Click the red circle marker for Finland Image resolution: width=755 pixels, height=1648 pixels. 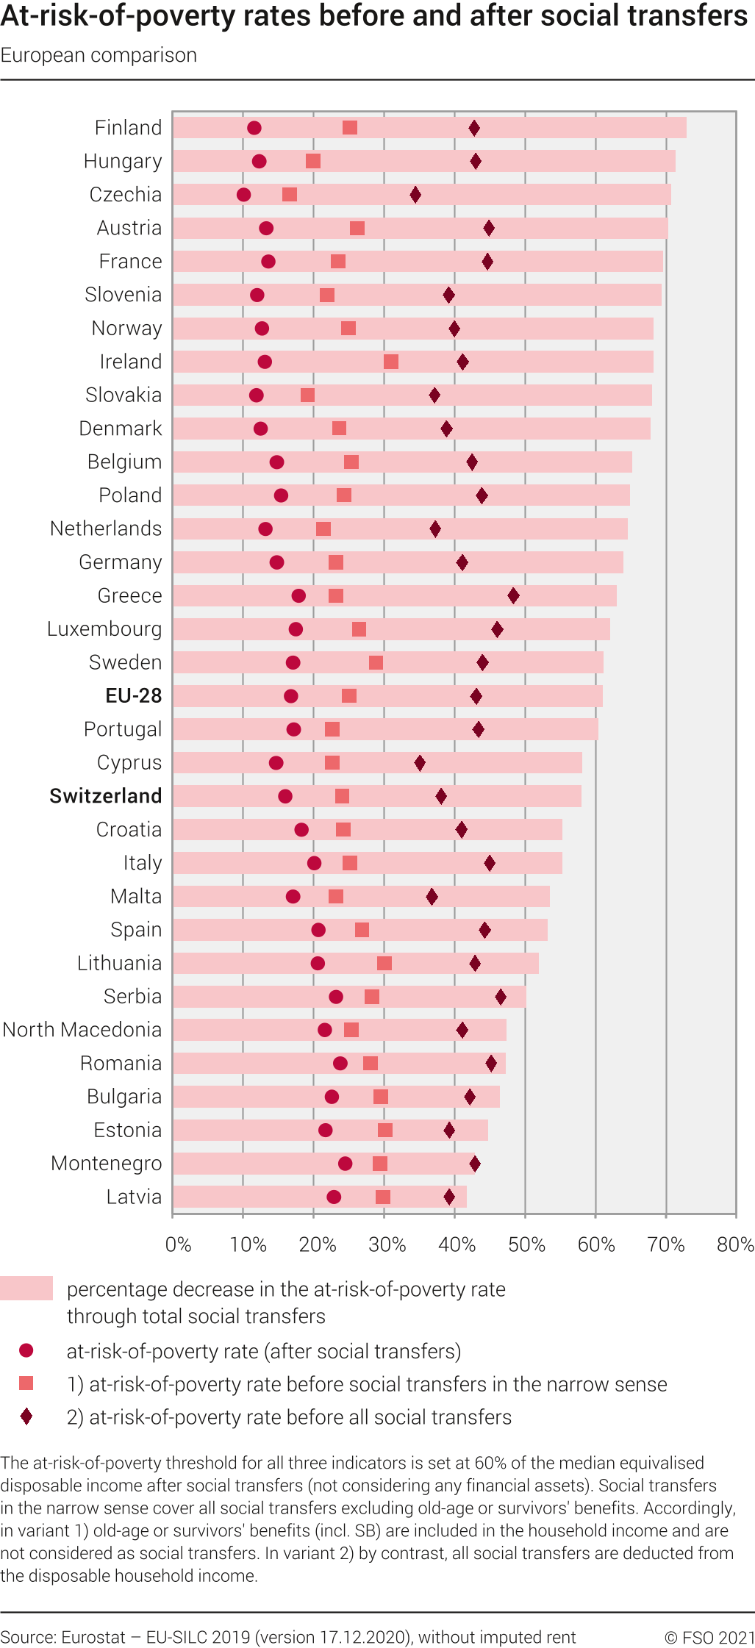click(254, 128)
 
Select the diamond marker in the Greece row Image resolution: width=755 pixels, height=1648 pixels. click(513, 595)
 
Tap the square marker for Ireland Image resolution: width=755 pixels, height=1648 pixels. click(391, 362)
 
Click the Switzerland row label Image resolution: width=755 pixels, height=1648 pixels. click(106, 796)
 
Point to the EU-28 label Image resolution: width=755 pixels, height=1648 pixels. click(134, 695)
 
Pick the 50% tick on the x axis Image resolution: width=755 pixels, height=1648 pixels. click(526, 1244)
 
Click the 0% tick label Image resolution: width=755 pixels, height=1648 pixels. click(178, 1244)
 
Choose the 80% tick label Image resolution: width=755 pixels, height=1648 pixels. click(735, 1244)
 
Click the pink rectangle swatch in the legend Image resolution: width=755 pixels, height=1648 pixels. click(26, 1289)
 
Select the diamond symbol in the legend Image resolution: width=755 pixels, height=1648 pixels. click(26, 1416)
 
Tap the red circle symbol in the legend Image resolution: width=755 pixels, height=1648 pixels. click(26, 1350)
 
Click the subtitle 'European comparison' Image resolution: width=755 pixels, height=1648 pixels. click(99, 56)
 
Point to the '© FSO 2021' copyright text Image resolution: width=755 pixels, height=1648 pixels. click(709, 1638)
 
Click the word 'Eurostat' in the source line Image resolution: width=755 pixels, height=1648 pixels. click(93, 1638)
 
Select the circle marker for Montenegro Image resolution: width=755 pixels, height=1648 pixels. click(345, 1164)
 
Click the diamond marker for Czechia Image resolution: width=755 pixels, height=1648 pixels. click(415, 195)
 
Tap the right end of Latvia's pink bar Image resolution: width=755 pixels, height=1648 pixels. click(465, 1197)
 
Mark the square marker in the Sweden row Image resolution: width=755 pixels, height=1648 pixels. click(376, 663)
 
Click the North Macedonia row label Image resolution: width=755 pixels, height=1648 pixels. click(82, 1030)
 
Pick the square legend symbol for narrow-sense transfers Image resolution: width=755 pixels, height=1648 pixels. click(26, 1383)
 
